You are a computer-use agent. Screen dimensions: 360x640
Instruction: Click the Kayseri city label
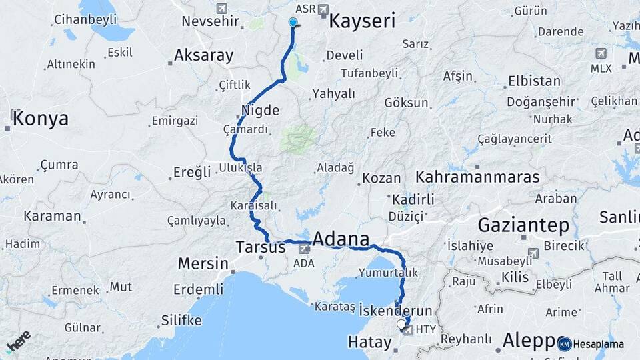362,21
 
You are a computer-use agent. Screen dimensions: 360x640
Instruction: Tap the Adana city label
341,239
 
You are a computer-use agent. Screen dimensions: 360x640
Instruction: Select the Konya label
40,119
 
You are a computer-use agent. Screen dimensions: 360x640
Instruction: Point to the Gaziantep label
523,225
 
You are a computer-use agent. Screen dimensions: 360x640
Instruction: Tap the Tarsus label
261,247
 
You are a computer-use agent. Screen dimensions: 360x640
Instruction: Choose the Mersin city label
203,263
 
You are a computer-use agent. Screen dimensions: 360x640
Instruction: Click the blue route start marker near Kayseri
293,22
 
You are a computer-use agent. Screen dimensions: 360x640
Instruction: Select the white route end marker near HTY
401,325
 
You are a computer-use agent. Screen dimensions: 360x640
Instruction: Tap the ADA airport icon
304,249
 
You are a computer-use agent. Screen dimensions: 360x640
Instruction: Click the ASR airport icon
324,9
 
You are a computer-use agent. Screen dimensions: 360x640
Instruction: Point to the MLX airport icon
601,53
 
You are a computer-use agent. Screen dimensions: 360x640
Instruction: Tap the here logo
18,341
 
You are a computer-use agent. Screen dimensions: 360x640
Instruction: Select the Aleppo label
528,339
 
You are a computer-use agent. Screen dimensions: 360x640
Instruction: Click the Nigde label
261,110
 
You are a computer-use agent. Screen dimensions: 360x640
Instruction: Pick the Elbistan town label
534,81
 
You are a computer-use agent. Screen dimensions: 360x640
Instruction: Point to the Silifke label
181,321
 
